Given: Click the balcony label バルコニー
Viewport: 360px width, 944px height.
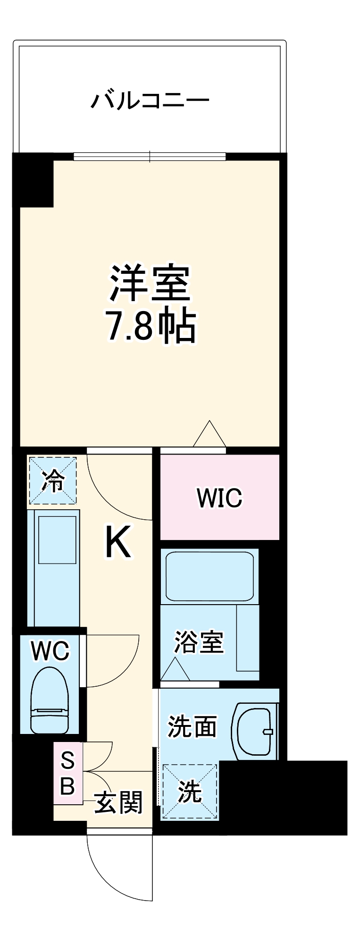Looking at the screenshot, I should pos(150,101).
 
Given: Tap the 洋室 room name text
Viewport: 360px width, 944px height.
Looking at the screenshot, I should pos(150,284).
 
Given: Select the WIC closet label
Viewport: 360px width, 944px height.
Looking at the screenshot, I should pos(219,497).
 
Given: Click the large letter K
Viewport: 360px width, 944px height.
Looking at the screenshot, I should pos(117,542).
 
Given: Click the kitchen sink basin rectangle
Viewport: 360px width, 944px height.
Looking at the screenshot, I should pos(57,539).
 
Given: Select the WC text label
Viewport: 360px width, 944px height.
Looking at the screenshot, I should pos(50,651).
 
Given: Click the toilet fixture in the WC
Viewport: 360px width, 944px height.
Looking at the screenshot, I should pos(49,700).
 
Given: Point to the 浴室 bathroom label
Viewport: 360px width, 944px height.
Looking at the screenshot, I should pos(199,642).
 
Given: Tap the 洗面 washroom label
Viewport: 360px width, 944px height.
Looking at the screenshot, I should pos(193,727).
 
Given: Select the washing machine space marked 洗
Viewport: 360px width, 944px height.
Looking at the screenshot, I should pos(189,792).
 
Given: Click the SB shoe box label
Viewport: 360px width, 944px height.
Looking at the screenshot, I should pos(67,774).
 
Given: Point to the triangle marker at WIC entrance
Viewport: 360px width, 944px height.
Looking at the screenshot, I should pos(209,435).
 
